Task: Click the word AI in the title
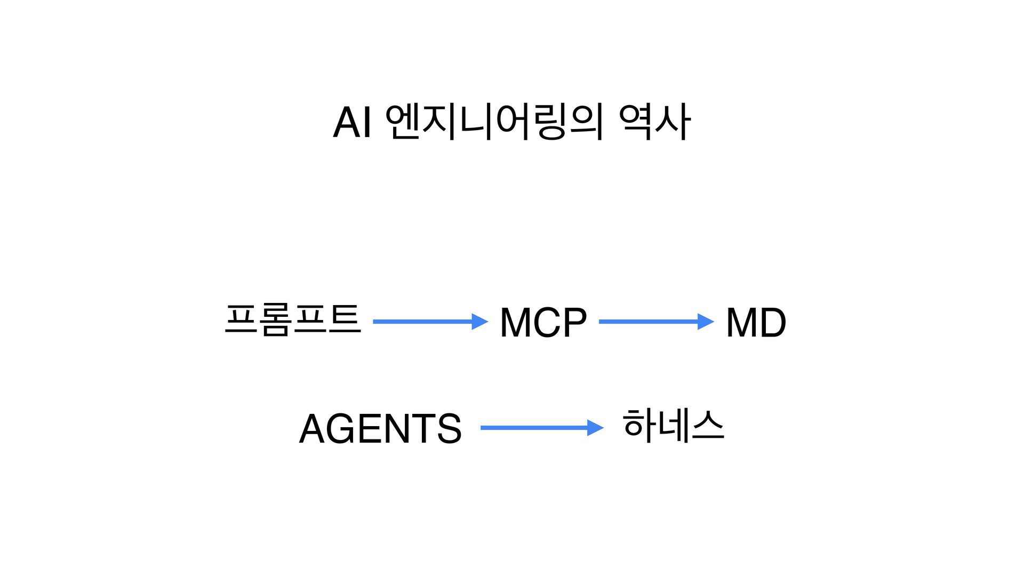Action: pos(352,123)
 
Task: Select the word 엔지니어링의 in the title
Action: pos(494,123)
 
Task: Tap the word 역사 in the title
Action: pos(654,123)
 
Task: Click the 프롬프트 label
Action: pos(293,319)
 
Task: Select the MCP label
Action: pos(543,323)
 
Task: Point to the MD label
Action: pos(756,323)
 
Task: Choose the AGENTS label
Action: pos(380,429)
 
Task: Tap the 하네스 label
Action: pos(673,426)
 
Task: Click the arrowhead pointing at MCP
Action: pos(480,322)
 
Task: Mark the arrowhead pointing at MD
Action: pos(706,322)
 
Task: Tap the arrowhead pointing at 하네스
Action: pos(595,428)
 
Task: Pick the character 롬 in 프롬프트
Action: pos(275,319)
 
